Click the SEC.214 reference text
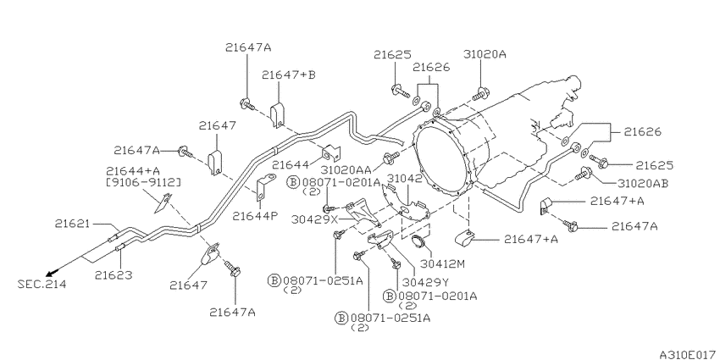pyautogui.click(x=42, y=285)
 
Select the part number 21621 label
pyautogui.click(x=74, y=224)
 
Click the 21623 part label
pyautogui.click(x=114, y=275)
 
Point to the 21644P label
pyautogui.click(x=255, y=216)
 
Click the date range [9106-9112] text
pyautogui.click(x=143, y=183)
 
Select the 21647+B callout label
pyautogui.click(x=289, y=75)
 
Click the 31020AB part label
pyautogui.click(x=642, y=183)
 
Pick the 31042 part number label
pyautogui.click(x=405, y=177)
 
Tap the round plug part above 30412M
pyautogui.click(x=418, y=242)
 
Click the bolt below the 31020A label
pyautogui.click(x=479, y=94)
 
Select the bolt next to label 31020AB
pyautogui.click(x=583, y=174)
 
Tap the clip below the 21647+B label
pyautogui.click(x=277, y=115)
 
